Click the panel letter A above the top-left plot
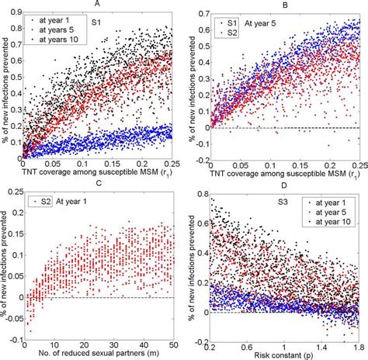click(x=95, y=4)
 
